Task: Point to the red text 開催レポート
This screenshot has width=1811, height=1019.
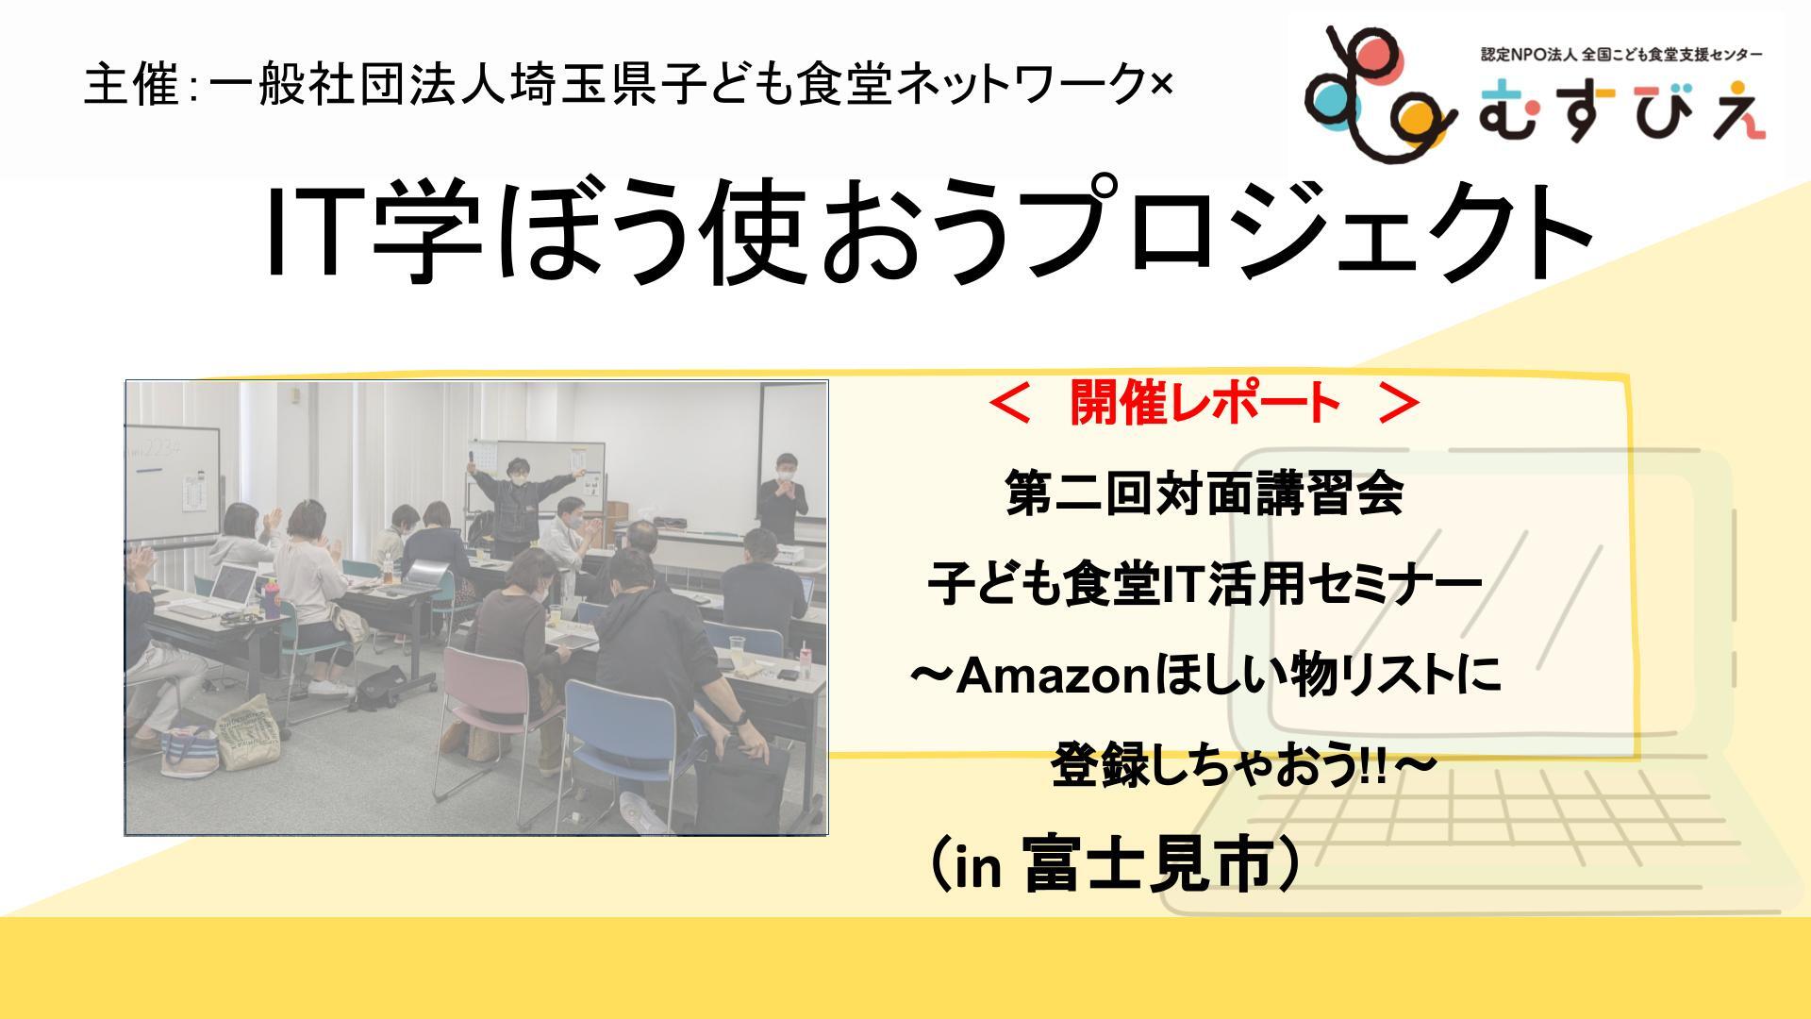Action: coord(1205,405)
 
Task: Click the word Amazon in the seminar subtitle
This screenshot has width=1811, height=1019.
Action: coord(1055,678)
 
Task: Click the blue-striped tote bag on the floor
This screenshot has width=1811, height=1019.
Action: coord(188,751)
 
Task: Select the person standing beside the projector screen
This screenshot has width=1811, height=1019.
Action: coord(782,494)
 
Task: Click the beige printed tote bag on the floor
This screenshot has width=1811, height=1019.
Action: coord(249,733)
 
